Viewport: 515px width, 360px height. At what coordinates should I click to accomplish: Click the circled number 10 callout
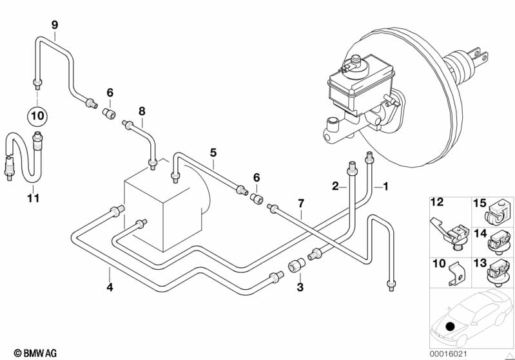37,115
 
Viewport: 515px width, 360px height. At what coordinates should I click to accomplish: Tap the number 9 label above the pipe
55,25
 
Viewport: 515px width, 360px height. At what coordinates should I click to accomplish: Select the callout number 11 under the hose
33,198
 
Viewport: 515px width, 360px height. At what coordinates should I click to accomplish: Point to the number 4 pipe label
110,287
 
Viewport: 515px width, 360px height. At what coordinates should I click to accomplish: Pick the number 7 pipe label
301,204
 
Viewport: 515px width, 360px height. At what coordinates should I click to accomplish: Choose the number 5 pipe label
213,153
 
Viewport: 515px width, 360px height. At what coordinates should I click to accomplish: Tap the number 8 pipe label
142,111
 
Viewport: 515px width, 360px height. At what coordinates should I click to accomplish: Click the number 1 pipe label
385,186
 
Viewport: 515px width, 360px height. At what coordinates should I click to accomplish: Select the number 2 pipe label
335,186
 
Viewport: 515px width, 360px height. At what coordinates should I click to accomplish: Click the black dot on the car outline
450,327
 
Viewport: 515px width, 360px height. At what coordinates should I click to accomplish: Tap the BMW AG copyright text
35,353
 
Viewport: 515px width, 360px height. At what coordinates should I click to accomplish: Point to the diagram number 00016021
448,354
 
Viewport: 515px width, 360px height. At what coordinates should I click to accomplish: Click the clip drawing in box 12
449,233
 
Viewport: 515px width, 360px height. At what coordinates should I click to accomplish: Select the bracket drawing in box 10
456,274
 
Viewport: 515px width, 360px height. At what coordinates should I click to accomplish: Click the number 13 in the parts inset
480,263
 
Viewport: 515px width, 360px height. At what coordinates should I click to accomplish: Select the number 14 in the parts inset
480,234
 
